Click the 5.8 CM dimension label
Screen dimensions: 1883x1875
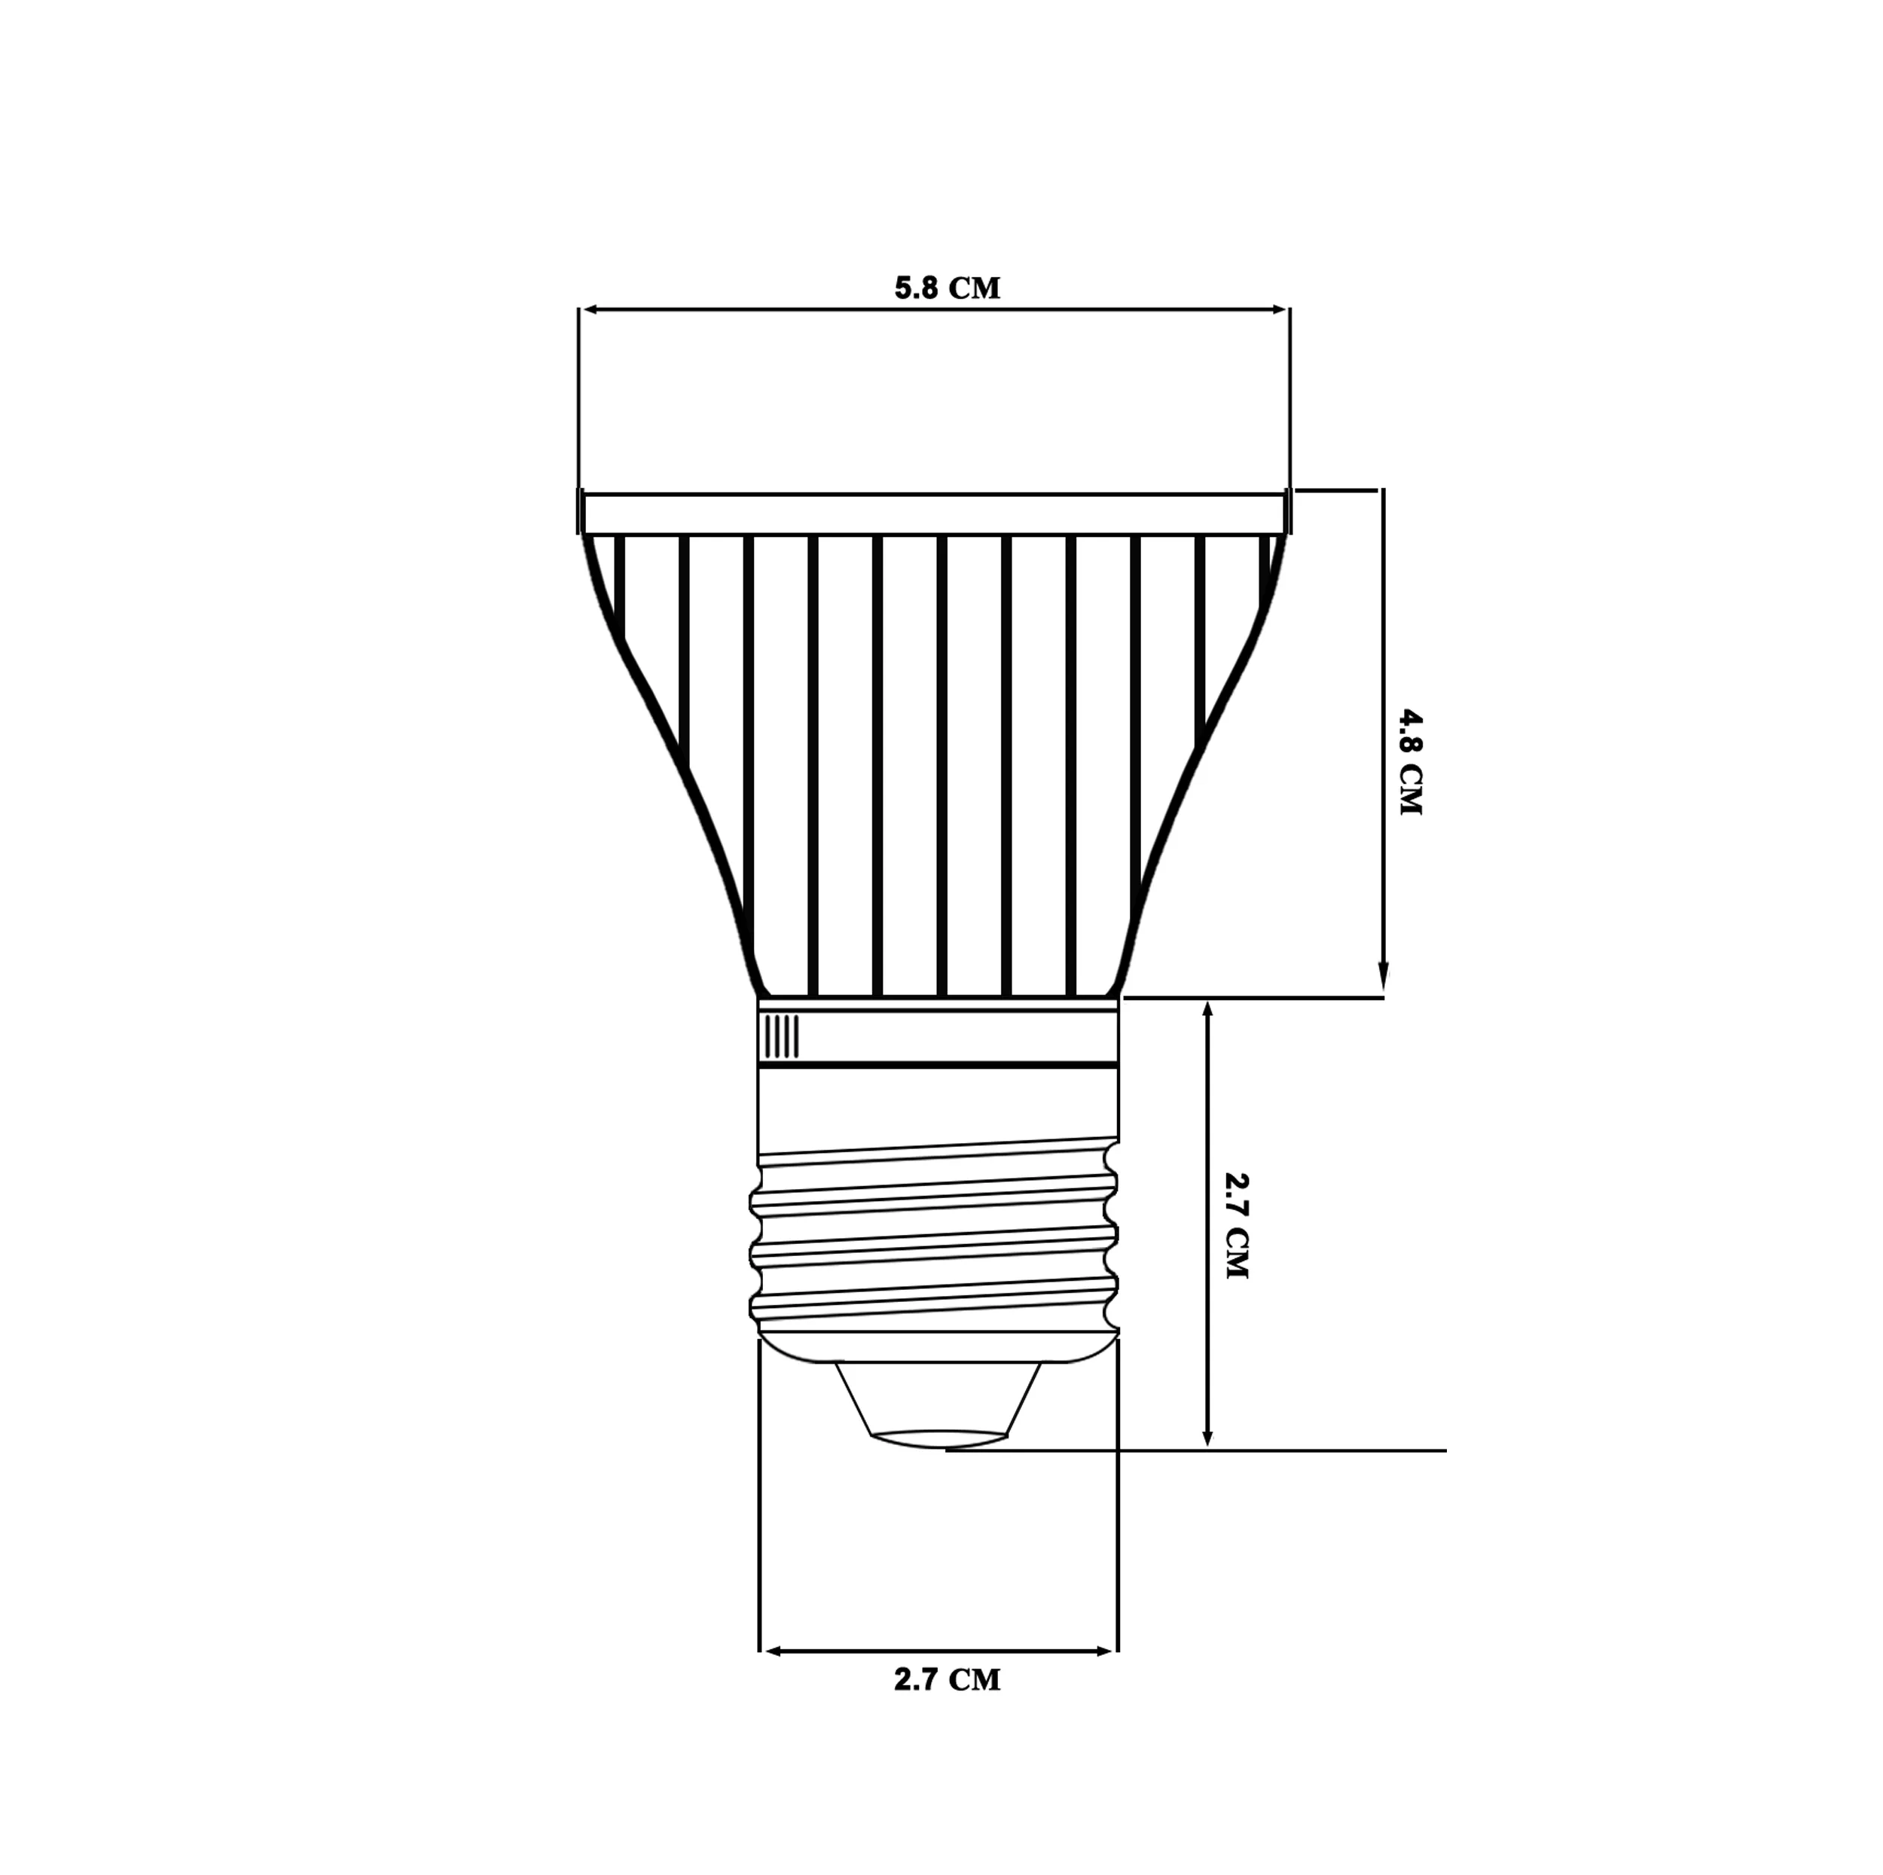click(948, 288)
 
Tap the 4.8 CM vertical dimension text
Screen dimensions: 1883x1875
click(1410, 762)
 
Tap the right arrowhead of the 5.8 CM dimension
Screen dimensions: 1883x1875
click(1279, 310)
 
